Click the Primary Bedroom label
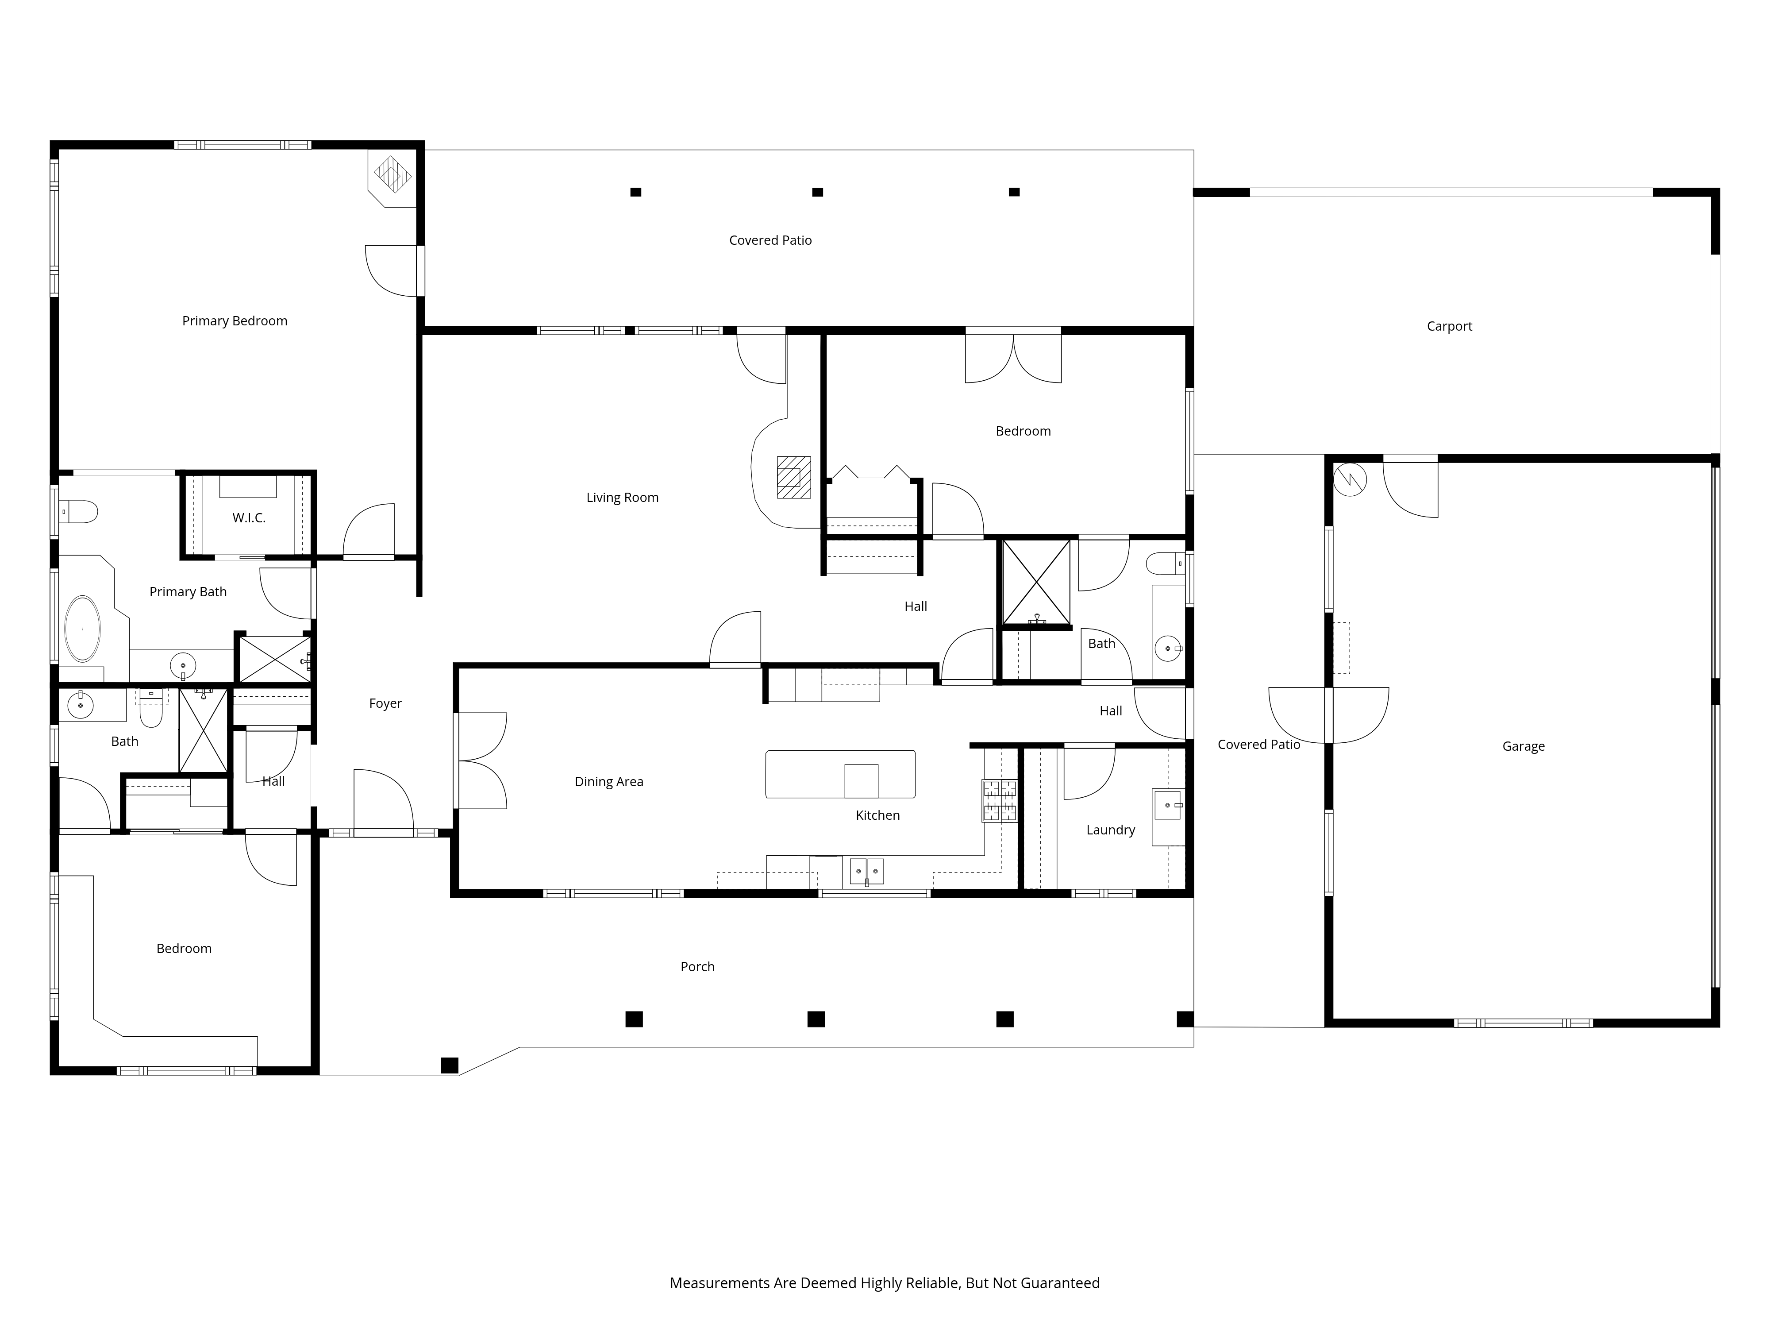pos(235,321)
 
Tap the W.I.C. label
pos(249,518)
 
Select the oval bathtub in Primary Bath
pos(82,629)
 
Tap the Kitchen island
pos(840,774)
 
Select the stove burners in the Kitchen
pos(1000,800)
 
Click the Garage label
pos(1523,746)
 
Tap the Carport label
pos(1449,326)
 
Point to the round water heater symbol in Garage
pos(1351,479)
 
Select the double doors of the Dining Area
pos(481,761)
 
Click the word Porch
pos(697,967)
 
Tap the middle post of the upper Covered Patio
pos(817,192)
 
